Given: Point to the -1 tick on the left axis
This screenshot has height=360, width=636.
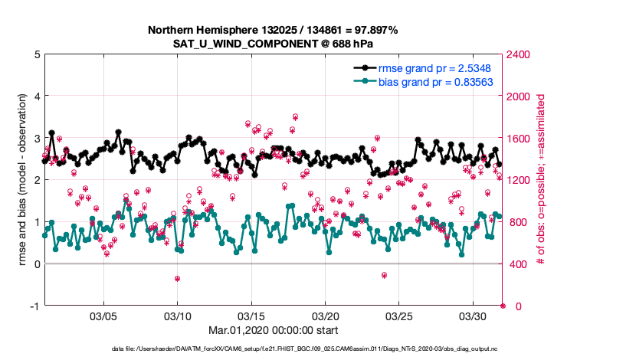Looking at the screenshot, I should click(34, 306).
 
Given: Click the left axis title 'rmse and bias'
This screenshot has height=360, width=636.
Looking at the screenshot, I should click(21, 180).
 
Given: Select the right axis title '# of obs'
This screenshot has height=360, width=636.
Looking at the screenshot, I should click(540, 180).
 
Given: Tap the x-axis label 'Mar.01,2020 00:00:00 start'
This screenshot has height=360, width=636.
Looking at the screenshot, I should click(272, 330).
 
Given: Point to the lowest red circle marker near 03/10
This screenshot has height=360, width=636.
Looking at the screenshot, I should click(177, 279).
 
